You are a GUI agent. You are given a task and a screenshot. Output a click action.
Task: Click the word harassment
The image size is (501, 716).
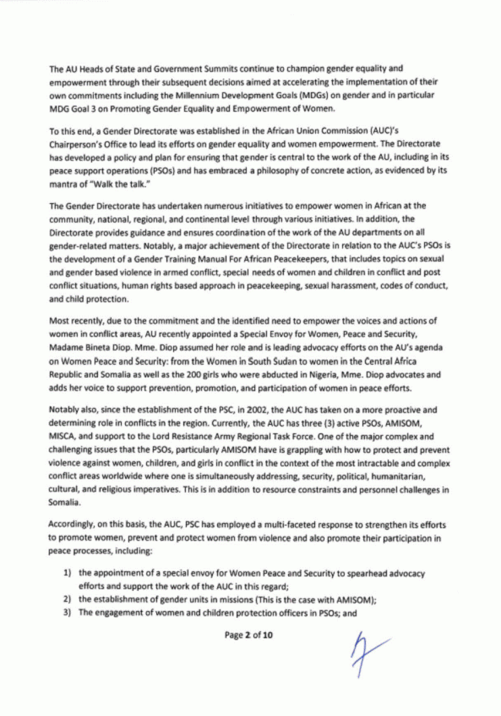pyautogui.click(x=368, y=286)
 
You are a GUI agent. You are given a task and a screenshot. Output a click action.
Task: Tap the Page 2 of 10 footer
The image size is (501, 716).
pyautogui.click(x=248, y=635)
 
